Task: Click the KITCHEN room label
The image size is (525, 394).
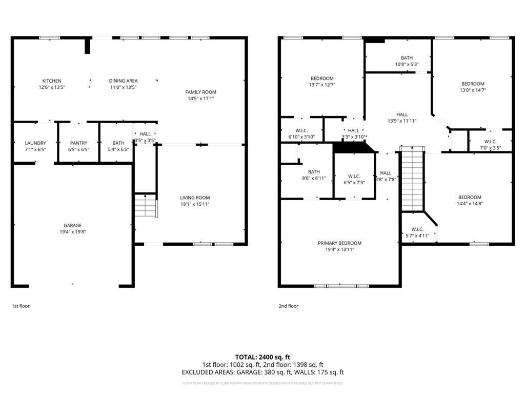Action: click(x=52, y=81)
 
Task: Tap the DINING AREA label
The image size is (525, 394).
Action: click(x=124, y=81)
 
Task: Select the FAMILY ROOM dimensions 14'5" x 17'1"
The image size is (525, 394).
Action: click(x=201, y=98)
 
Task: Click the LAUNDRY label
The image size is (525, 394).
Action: click(x=35, y=143)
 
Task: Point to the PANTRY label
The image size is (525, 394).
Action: click(x=79, y=143)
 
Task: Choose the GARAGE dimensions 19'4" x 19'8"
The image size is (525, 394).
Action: click(x=73, y=232)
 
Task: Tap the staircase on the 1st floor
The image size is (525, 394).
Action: click(x=146, y=206)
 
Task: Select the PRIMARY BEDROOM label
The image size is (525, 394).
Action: click(x=339, y=243)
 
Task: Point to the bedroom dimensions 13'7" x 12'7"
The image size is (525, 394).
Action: click(x=321, y=85)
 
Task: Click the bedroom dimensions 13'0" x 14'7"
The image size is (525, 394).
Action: click(x=472, y=90)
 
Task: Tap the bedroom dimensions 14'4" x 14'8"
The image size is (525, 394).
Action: click(x=470, y=204)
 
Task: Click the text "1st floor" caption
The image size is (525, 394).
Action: click(x=21, y=306)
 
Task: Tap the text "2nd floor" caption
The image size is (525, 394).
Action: click(x=288, y=306)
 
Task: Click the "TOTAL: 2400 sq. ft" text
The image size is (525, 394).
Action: click(x=262, y=357)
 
